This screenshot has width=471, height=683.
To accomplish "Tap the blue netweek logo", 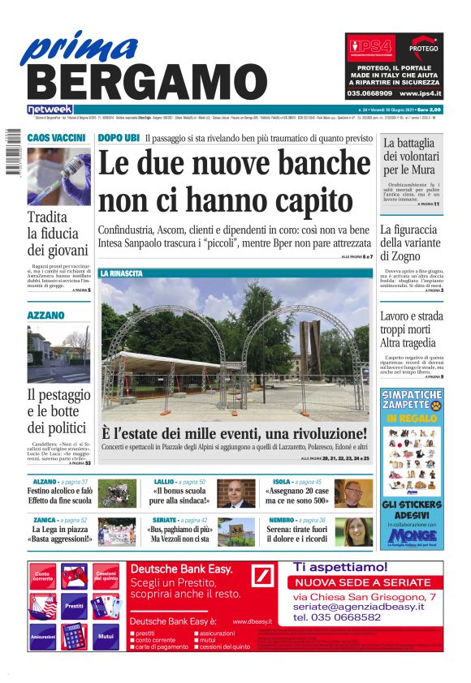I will click(50, 109).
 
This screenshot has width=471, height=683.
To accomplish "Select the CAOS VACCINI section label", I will click(57, 138).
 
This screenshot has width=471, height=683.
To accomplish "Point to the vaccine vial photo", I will click(58, 176).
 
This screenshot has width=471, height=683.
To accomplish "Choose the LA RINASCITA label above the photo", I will click(121, 273).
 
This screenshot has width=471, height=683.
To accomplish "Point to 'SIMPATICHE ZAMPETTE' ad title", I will click(412, 399).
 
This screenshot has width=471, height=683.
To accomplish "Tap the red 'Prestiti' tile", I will click(75, 605).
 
